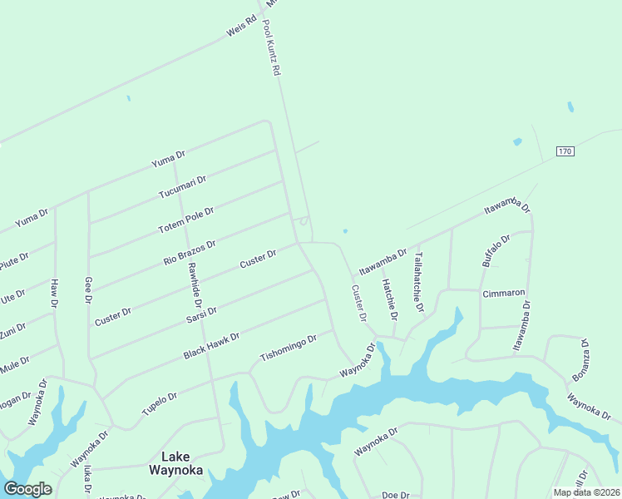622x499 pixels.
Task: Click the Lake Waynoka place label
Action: tap(175, 462)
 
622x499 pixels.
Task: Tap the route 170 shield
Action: tap(565, 151)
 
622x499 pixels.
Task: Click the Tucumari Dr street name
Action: tap(183, 188)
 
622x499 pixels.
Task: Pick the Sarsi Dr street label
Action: tap(202, 316)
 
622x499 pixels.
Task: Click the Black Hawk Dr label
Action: tap(211, 347)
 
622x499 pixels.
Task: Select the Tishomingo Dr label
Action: tap(289, 348)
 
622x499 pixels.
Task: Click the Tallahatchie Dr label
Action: tap(419, 283)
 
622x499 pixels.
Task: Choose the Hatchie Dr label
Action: tap(388, 300)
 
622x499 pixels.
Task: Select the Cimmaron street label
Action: tap(504, 293)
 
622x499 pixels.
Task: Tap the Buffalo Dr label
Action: tap(495, 250)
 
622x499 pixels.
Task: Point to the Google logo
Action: tap(27, 489)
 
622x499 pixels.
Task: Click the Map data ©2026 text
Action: tap(586, 492)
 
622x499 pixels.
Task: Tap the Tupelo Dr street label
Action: tap(159, 403)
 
